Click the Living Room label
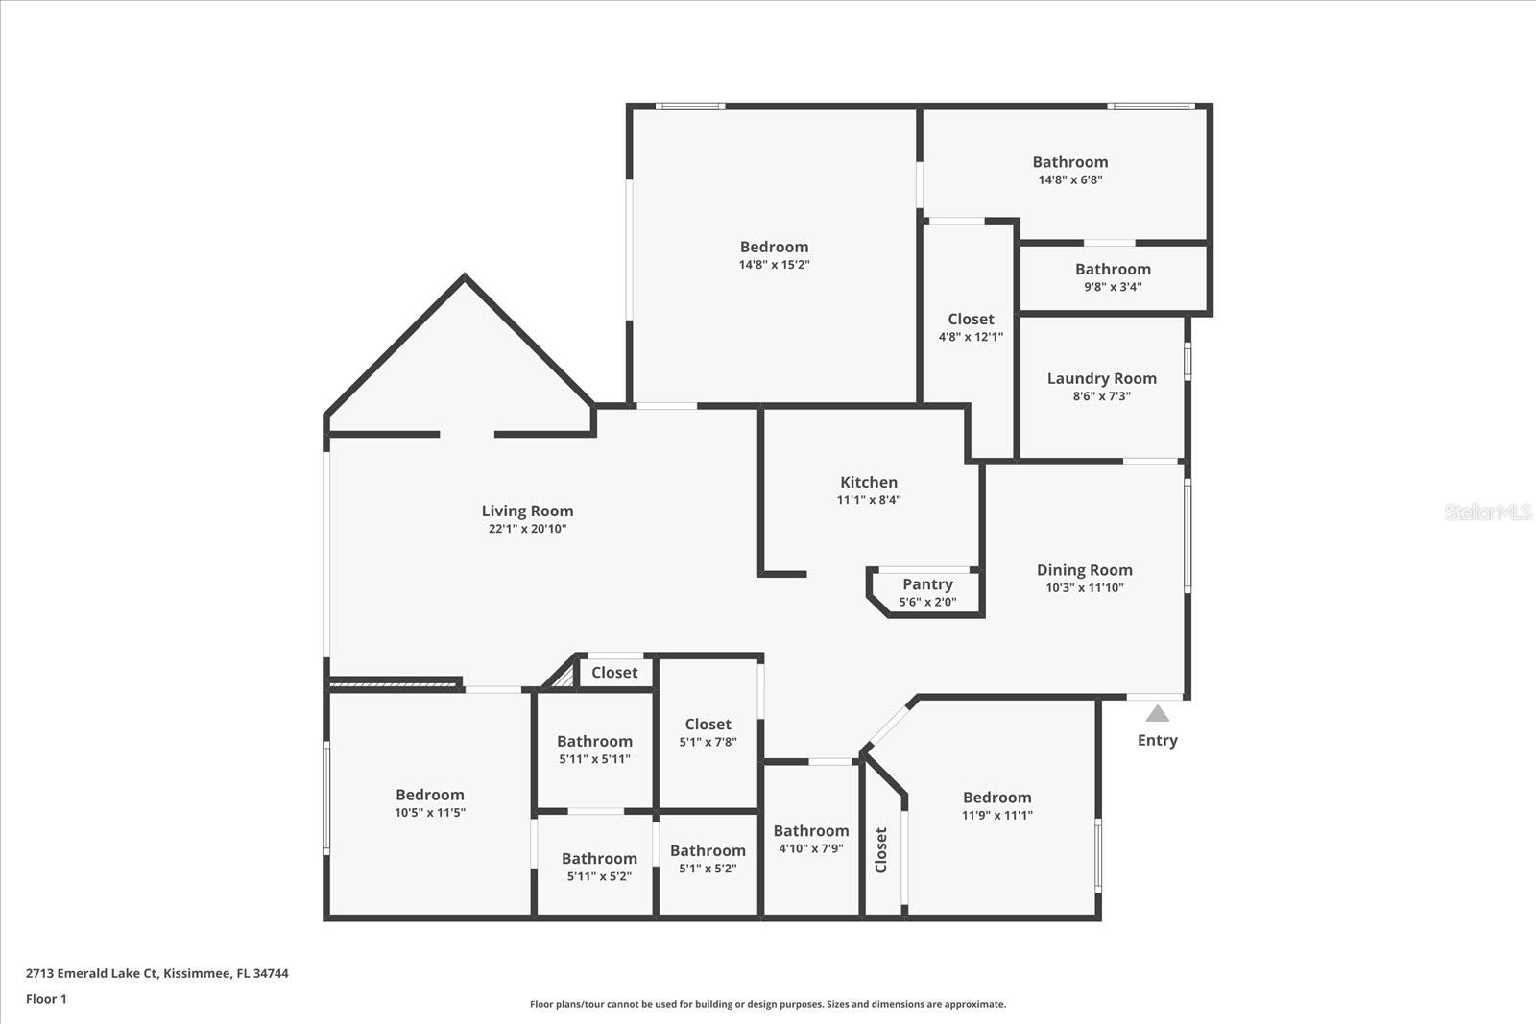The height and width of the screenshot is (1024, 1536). [527, 512]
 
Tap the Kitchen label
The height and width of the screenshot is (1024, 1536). [869, 482]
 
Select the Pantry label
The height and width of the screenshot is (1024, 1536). [927, 584]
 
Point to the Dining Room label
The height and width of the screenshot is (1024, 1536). [1084, 570]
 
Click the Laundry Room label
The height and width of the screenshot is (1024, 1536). [1101, 378]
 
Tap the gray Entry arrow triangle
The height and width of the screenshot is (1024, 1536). [1158, 713]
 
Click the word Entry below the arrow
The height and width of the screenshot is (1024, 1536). [1157, 740]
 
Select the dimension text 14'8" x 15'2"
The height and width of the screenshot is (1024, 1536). [774, 265]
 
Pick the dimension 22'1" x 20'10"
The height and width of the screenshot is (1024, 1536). [527, 529]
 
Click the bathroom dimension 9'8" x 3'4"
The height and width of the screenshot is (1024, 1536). [1113, 287]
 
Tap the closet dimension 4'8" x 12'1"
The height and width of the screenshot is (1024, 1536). [971, 337]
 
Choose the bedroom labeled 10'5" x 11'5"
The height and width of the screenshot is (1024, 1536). [430, 803]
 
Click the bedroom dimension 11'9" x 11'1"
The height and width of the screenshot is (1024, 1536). [997, 816]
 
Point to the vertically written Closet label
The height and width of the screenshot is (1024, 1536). [881, 849]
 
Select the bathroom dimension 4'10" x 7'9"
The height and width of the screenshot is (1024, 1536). [811, 848]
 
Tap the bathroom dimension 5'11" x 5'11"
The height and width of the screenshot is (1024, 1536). [594, 759]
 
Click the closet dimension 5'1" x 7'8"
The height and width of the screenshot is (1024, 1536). [708, 742]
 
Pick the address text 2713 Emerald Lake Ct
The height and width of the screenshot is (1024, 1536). [92, 973]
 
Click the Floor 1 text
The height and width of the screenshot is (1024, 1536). [46, 999]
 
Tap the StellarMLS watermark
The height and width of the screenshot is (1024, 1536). [1488, 512]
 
